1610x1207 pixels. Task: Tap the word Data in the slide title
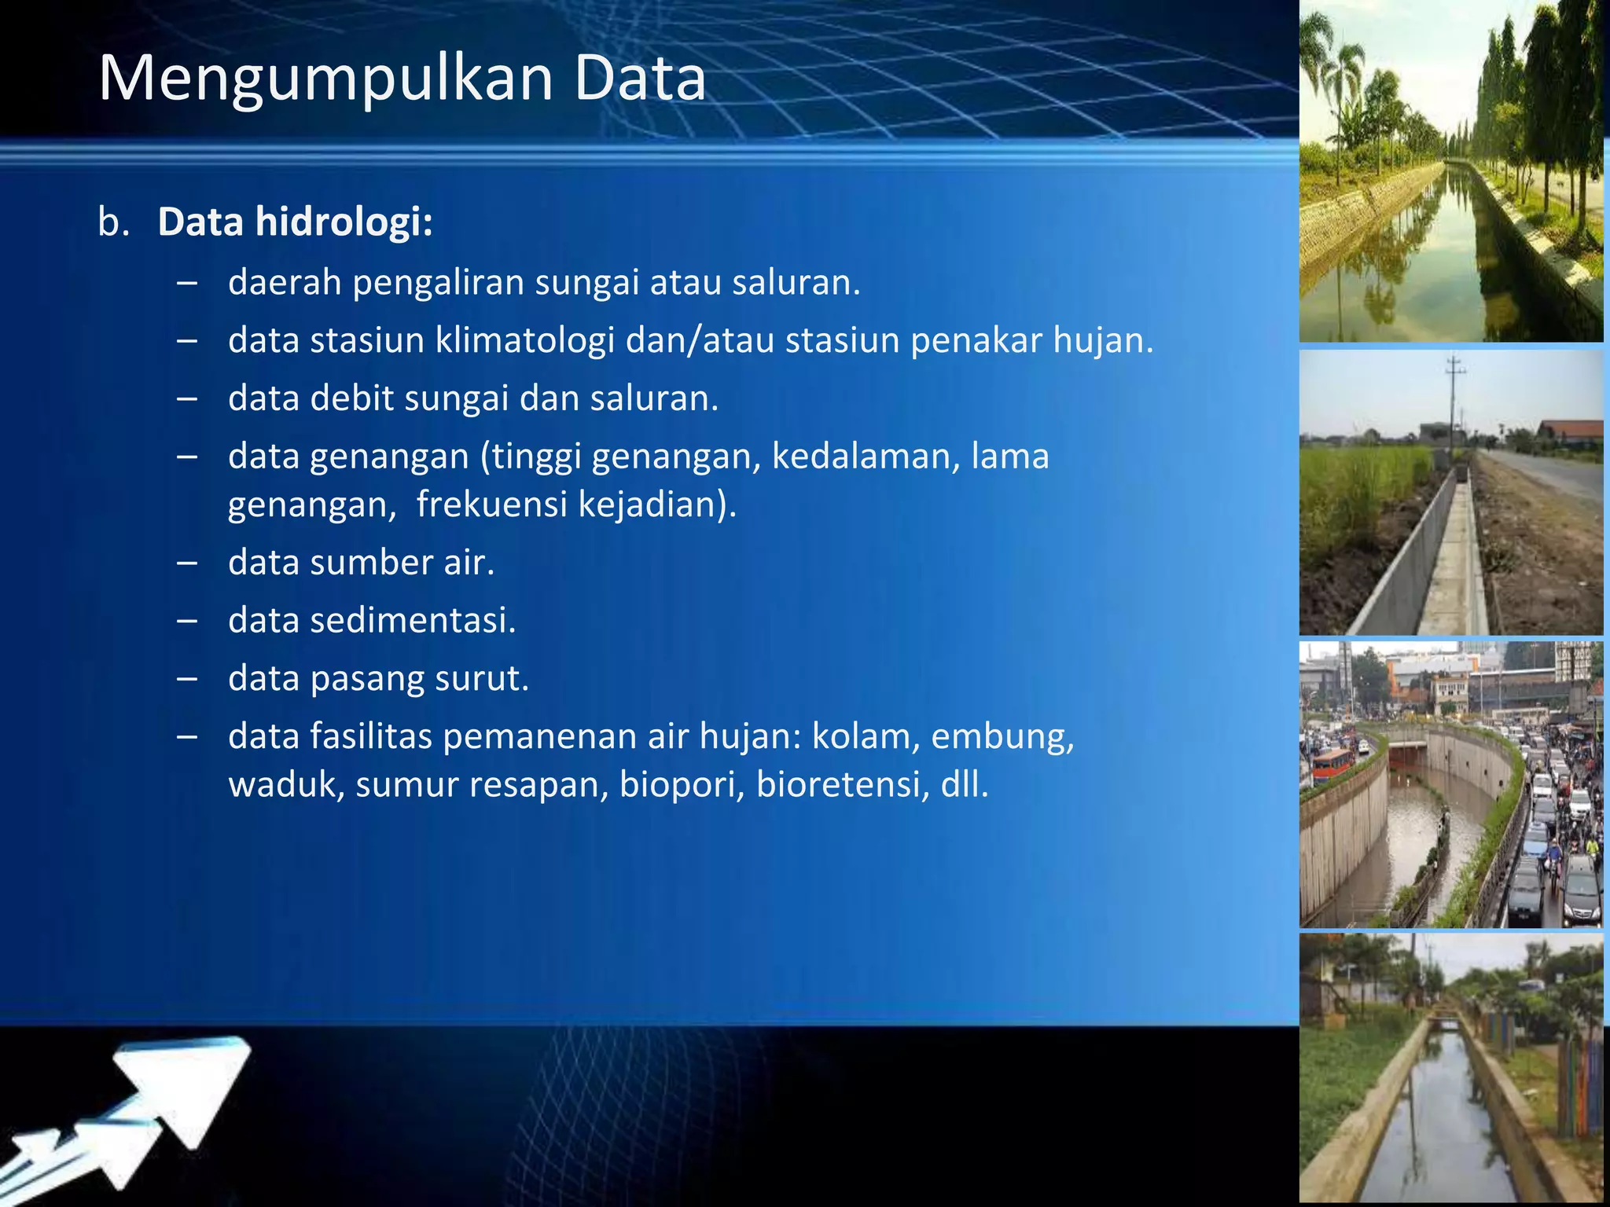640,79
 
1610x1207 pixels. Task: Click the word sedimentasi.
412,621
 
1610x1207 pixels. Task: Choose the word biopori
682,785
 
